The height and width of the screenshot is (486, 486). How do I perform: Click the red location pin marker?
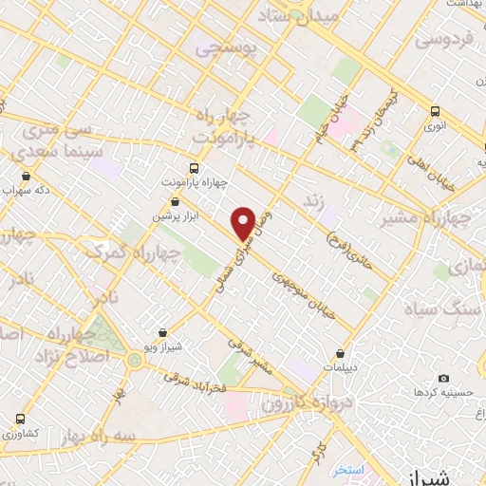point(244,223)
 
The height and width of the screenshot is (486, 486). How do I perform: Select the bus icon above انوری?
point(435,111)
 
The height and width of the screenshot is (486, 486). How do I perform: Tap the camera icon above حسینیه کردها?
point(443,377)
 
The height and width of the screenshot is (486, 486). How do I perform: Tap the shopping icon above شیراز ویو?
point(164,332)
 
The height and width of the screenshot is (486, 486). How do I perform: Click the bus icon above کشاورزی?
point(21,419)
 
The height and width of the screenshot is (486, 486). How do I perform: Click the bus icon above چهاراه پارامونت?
point(196,164)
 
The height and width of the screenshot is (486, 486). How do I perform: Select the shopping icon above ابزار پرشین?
point(175,201)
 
